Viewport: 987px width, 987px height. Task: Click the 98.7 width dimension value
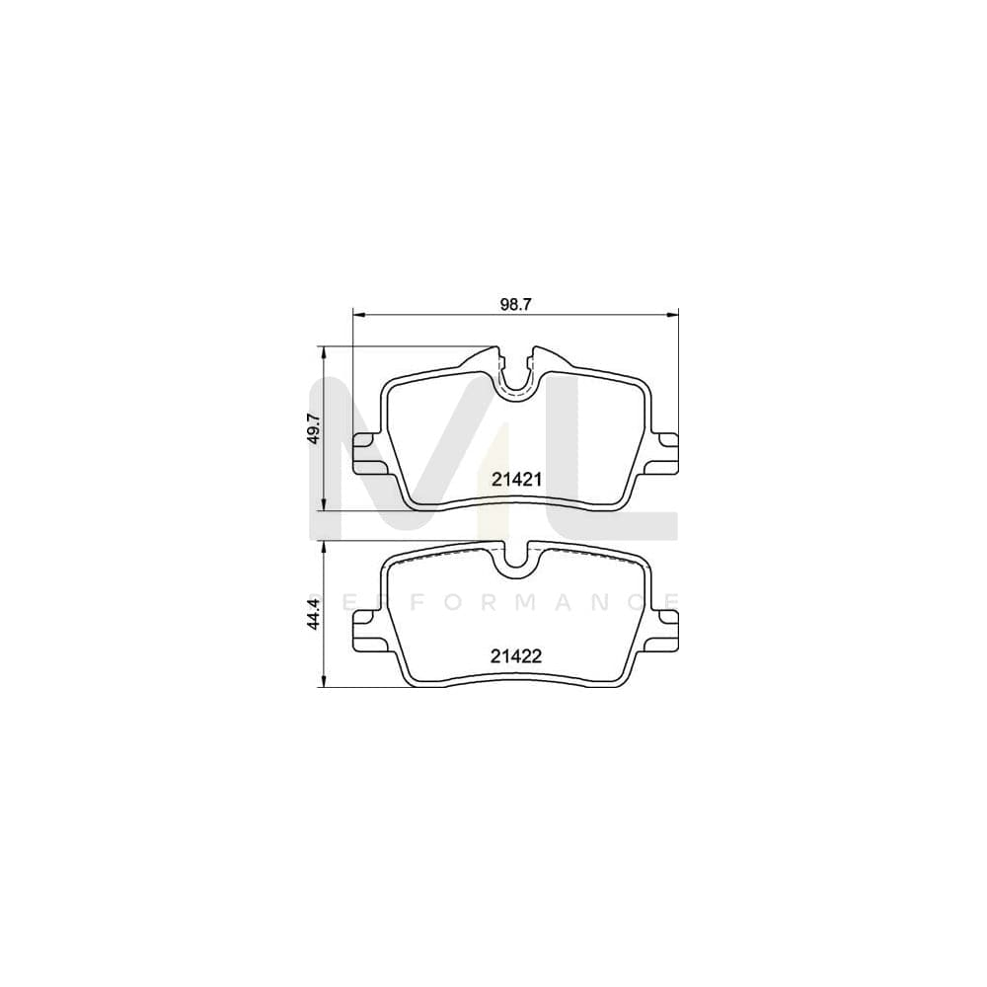point(515,305)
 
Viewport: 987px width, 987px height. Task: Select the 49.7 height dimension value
point(313,429)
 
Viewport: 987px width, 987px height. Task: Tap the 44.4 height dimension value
point(313,618)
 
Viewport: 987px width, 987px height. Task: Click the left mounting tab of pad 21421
point(367,456)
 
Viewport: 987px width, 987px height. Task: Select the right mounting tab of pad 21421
point(664,456)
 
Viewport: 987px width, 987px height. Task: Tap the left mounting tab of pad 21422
point(367,629)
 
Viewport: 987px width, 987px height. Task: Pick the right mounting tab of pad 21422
point(664,629)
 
